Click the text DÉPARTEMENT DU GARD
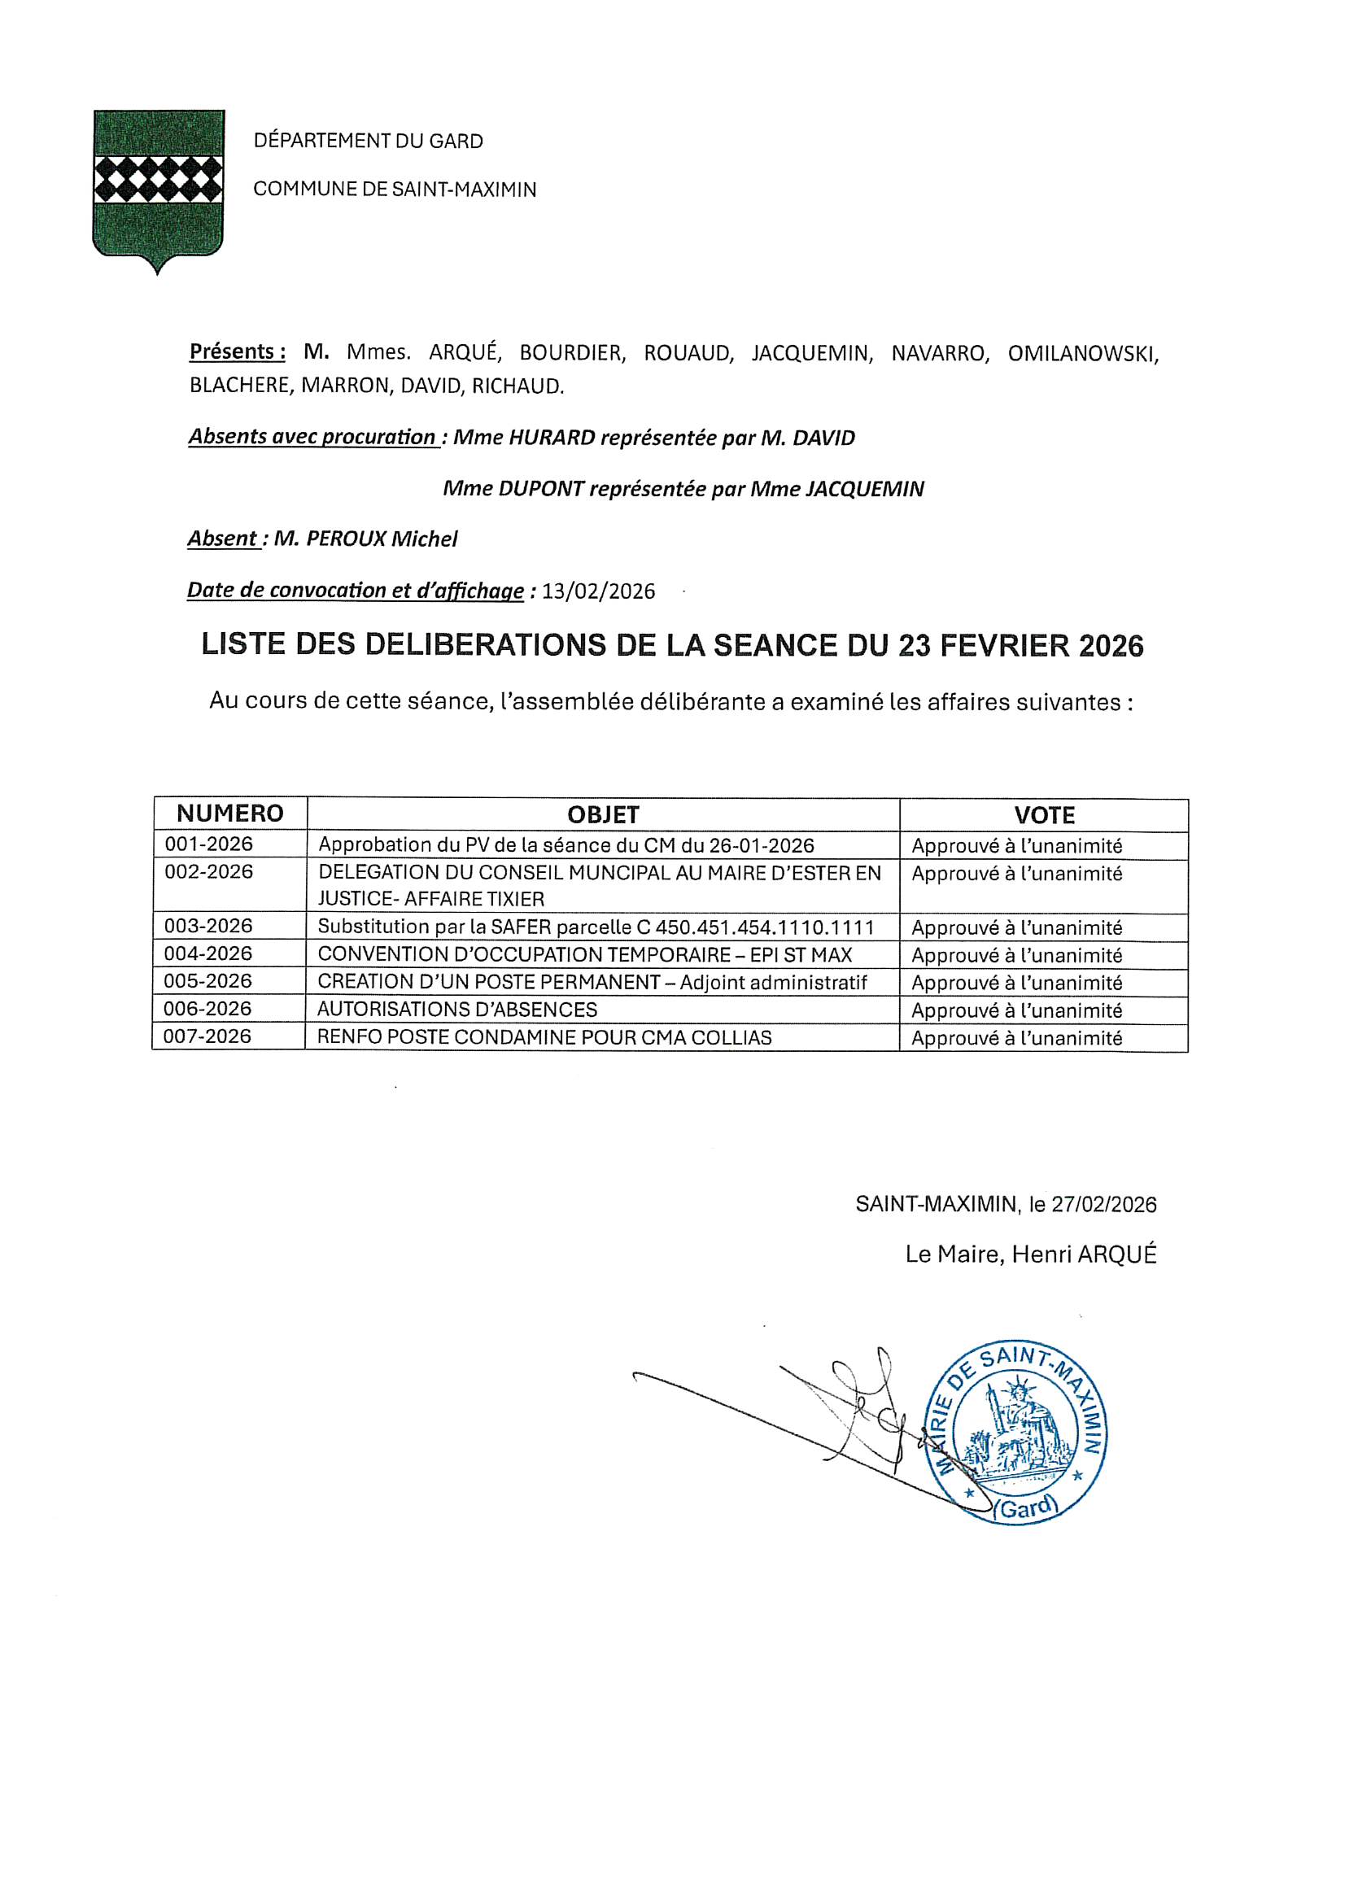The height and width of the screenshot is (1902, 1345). click(x=368, y=141)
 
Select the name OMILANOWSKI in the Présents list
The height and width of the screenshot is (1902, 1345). click(x=1082, y=354)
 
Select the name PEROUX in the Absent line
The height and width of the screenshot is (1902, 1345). click(x=347, y=539)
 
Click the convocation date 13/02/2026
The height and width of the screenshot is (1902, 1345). click(x=598, y=591)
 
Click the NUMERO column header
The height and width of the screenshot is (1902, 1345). click(x=229, y=814)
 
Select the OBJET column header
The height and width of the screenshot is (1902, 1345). click(x=602, y=814)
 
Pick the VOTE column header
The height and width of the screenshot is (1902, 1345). click(x=1043, y=815)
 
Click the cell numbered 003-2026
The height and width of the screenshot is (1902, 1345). click(x=208, y=926)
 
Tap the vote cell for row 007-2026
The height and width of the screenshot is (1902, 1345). click(x=1016, y=1038)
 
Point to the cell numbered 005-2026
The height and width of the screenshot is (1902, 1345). click(x=208, y=982)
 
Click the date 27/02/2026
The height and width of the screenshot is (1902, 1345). click(x=1103, y=1205)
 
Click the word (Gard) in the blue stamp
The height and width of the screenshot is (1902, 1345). click(x=1028, y=1508)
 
